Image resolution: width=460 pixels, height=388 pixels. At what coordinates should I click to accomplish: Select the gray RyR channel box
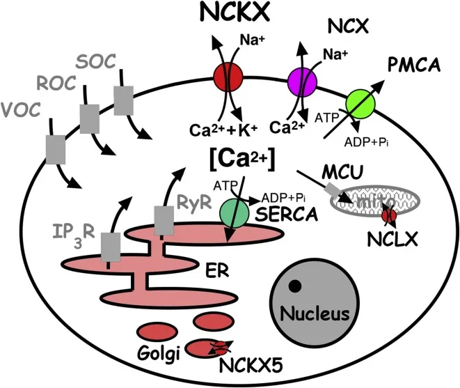[x=164, y=221]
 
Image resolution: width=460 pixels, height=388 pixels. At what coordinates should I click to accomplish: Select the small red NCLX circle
[x=391, y=217]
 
